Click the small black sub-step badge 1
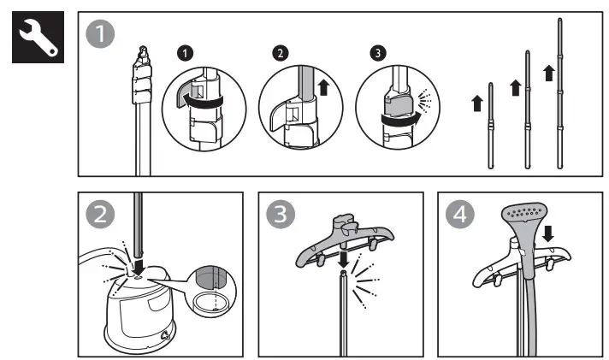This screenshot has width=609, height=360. coord(182,54)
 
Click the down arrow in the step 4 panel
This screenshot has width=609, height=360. coord(549,233)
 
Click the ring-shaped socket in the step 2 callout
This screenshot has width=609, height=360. coord(206,303)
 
